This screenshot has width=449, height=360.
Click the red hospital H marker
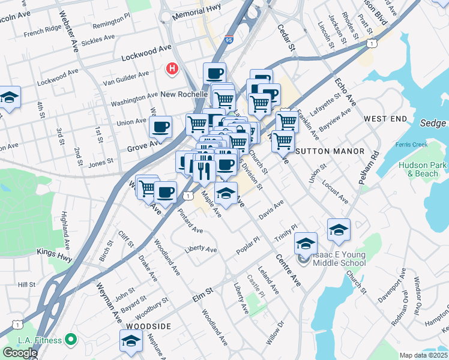pyautogui.click(x=172, y=70)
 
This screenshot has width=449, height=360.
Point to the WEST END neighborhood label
pyautogui.click(x=385, y=119)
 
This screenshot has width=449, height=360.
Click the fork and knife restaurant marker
pyautogui.click(x=204, y=170)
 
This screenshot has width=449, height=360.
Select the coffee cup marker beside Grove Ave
pyautogui.click(x=160, y=127)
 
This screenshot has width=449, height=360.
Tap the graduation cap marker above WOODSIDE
pyautogui.click(x=130, y=341)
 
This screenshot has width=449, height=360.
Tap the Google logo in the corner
pyautogui.click(x=20, y=352)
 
